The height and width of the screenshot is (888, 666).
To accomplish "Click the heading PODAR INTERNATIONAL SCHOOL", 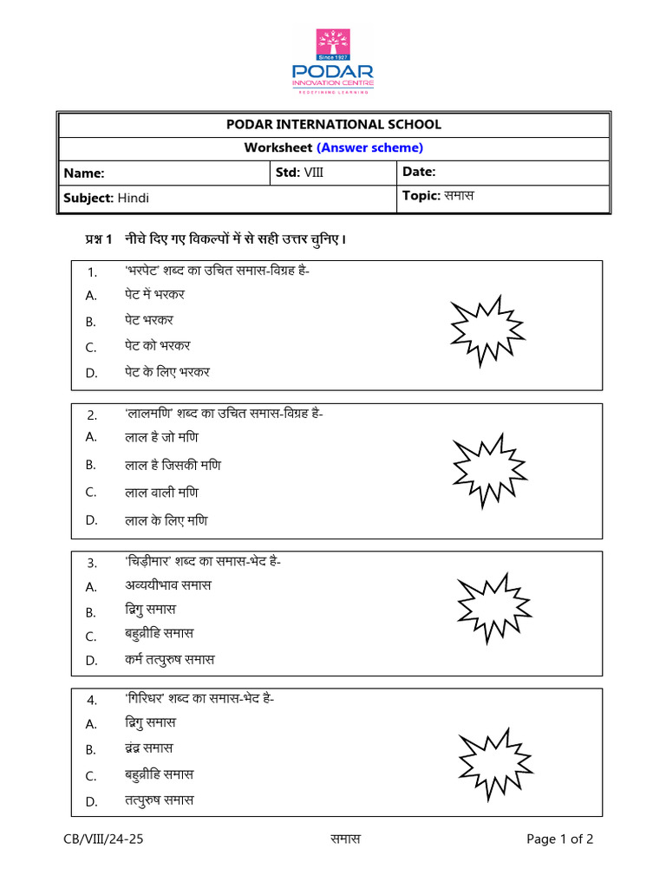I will pos(333,125).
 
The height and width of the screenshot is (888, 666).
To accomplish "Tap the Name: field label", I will pos(84,173).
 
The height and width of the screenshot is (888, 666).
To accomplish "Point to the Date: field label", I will pos(419,173).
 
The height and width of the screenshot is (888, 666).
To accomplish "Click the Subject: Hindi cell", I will pos(106,198).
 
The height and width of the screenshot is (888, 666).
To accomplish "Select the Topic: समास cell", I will pos(438,197).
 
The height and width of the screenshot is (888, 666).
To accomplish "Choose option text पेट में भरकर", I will pos(153,295).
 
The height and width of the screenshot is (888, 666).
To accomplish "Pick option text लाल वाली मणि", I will pos(160,493).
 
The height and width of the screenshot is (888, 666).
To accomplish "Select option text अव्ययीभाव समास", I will pos(167,585).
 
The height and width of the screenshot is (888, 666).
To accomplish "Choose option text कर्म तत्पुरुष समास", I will pos(168,660).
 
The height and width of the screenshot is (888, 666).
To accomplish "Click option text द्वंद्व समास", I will pos(147,748).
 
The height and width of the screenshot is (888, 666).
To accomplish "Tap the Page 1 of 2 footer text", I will pos(560,839).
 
